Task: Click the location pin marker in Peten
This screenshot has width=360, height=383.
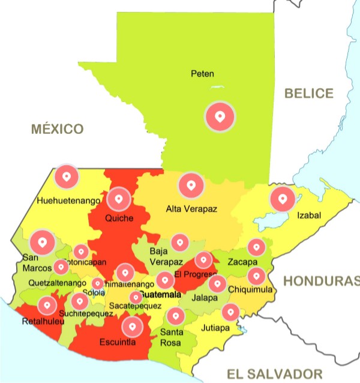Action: click(x=220, y=116)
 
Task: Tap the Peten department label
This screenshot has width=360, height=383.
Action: click(x=202, y=74)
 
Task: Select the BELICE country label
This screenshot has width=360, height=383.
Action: click(x=308, y=94)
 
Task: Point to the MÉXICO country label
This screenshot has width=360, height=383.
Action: click(x=58, y=128)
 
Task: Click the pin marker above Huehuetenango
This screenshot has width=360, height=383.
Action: click(x=67, y=176)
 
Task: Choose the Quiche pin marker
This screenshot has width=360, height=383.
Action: click(x=119, y=198)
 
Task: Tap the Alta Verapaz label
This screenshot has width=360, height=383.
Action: click(x=191, y=209)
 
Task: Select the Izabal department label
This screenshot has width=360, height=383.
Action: click(x=309, y=216)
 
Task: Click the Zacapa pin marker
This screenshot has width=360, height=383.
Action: click(x=256, y=247)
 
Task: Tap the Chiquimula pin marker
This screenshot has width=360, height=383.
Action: click(x=256, y=276)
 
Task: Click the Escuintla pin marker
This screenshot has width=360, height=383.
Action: click(x=132, y=327)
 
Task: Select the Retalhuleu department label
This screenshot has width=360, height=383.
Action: click(x=35, y=320)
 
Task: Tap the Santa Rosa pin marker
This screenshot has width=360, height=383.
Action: click(x=175, y=316)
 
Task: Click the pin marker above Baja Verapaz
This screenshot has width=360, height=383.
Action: click(x=179, y=243)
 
